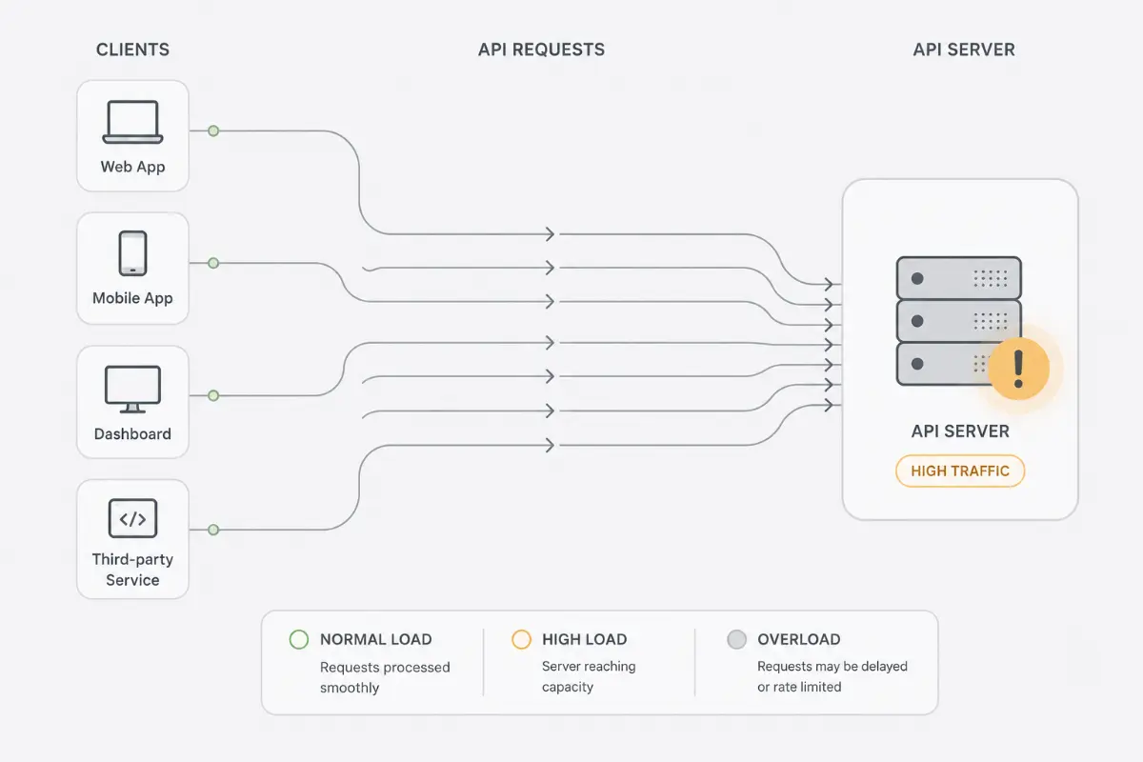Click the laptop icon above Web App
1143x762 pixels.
[132, 122]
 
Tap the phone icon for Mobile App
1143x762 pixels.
[132, 253]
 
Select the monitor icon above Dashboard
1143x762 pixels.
[132, 389]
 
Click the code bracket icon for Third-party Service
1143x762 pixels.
[132, 518]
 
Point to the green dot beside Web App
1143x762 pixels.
[213, 130]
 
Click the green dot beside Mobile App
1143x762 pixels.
[213, 263]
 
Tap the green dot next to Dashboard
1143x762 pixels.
[213, 395]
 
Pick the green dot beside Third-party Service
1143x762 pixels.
[213, 530]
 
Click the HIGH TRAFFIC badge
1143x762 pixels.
[960, 471]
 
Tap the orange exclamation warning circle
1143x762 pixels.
[1018, 369]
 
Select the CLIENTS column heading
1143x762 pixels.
[132, 50]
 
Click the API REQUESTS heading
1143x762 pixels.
[541, 50]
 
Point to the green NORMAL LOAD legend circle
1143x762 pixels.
[299, 639]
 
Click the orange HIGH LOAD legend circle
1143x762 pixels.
[522, 639]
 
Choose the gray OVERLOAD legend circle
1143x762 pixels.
[737, 639]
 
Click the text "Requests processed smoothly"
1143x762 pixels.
[385, 677]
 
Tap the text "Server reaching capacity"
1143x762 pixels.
[589, 676]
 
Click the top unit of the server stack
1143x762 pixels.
[959, 278]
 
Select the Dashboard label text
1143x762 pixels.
[132, 433]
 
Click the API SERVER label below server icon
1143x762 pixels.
[960, 431]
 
